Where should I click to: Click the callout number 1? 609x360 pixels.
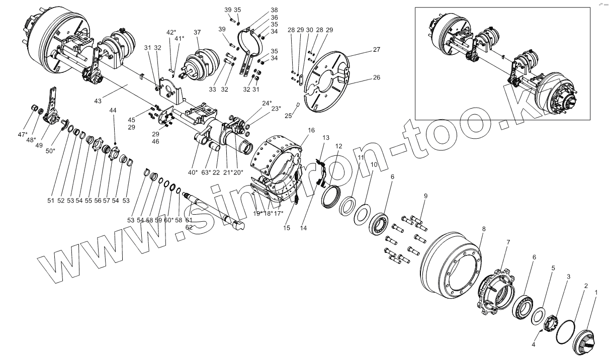[x=596, y=292]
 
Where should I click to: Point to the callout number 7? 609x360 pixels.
[x=508, y=242]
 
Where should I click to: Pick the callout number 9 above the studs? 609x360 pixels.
[x=425, y=195]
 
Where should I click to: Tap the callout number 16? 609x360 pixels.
[x=311, y=130]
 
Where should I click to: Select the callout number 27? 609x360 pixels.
[x=377, y=50]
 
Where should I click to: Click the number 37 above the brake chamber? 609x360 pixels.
[x=197, y=32]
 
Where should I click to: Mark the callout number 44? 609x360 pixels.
[x=112, y=110]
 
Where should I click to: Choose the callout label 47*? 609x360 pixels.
[x=22, y=135]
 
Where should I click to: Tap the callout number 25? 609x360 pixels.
[x=288, y=116]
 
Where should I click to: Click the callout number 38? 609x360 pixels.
[x=274, y=10]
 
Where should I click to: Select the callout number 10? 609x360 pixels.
[x=374, y=164]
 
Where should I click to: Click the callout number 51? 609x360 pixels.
[x=50, y=200]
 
